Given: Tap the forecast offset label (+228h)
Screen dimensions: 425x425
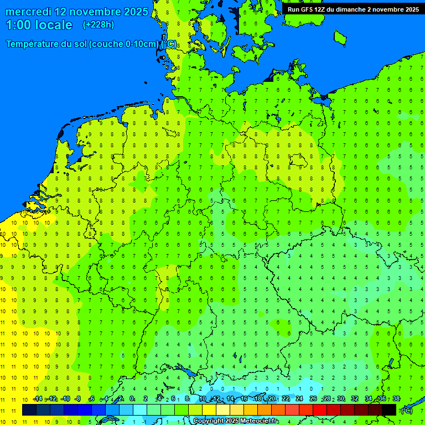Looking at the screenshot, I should (x=98, y=25).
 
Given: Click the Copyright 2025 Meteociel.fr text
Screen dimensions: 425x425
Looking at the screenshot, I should (x=235, y=421).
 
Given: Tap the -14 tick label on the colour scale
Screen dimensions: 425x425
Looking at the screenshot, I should (x=38, y=399).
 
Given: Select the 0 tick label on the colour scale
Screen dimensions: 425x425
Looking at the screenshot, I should (x=132, y=399).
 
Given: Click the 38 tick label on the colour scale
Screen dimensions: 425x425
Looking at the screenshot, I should (x=396, y=399).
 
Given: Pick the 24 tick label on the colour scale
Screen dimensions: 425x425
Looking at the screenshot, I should (x=299, y=399).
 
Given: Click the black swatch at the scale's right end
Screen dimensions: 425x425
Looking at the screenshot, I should (x=389, y=410).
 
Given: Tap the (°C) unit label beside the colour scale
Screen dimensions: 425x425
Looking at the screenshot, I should (x=406, y=410).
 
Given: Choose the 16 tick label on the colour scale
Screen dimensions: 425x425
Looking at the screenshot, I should (x=244, y=399).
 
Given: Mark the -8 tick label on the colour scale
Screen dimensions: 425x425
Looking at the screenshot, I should (x=77, y=399).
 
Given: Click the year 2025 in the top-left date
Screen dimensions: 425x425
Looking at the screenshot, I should (x=135, y=12).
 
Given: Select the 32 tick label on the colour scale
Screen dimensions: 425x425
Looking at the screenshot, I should (x=355, y=399).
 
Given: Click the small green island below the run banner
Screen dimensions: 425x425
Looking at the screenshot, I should (x=340, y=37).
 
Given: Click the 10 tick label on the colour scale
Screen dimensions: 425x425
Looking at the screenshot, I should (x=203, y=399).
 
